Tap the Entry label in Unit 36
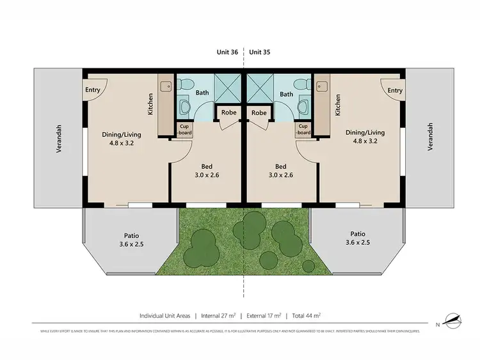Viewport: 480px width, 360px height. click(x=93, y=90)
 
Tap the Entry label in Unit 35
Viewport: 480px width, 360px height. click(x=395, y=90)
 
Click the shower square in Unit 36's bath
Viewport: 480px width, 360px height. click(x=225, y=88)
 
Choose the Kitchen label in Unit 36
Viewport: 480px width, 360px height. click(x=150, y=104)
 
